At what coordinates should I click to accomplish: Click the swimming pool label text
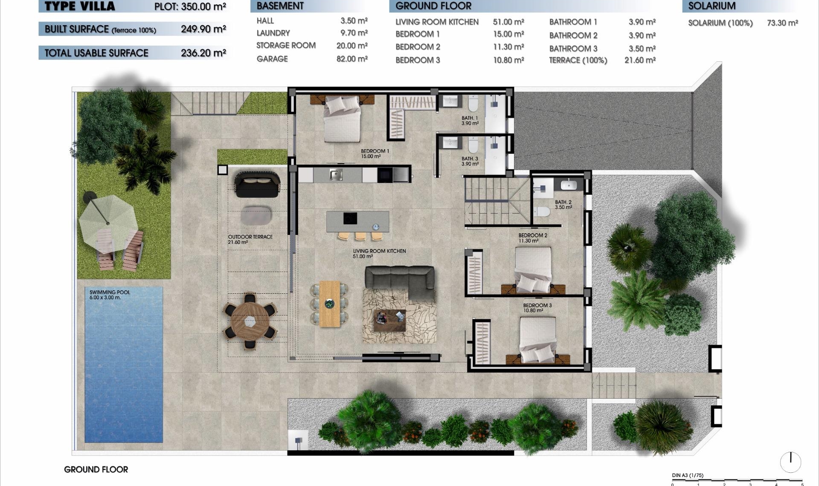coord(109,295)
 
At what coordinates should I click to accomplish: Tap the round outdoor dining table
coord(250,321)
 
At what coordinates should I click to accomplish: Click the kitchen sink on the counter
coord(336,174)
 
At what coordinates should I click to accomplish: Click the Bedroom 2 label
coord(532,237)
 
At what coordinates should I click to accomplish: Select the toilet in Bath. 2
coord(543,211)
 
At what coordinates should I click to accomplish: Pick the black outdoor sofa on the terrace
coord(257,184)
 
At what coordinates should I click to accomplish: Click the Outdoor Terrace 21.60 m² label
coord(250,239)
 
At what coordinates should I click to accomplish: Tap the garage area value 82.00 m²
coord(352,59)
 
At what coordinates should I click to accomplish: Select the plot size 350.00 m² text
coord(190,6)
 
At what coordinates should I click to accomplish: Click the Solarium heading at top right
coord(712,6)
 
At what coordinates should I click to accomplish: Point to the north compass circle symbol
coord(790,462)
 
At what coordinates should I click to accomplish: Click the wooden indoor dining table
coord(330,303)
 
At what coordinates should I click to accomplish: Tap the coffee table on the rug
coord(389,320)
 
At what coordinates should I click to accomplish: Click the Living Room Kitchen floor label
coord(379,253)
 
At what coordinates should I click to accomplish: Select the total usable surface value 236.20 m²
coord(203,53)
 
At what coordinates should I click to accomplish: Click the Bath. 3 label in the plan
coord(470,161)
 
